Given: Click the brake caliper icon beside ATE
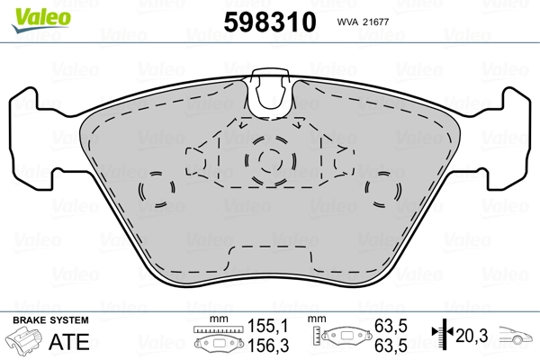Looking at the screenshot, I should (27, 342).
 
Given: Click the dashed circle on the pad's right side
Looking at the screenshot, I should (385, 191).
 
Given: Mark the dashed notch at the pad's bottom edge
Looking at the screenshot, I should (270, 253).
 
